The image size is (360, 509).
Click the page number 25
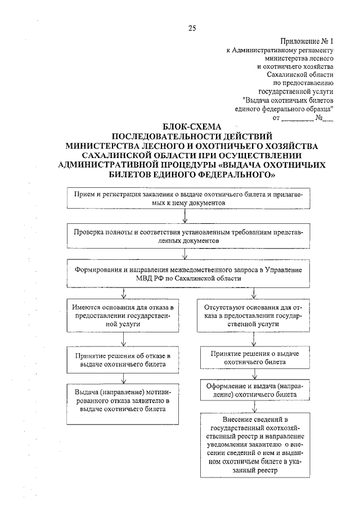pyautogui.click(x=192, y=29)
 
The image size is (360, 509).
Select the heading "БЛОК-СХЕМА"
pyautogui.click(x=192, y=126)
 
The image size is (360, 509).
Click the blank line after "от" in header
pyautogui.click(x=297, y=119)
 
